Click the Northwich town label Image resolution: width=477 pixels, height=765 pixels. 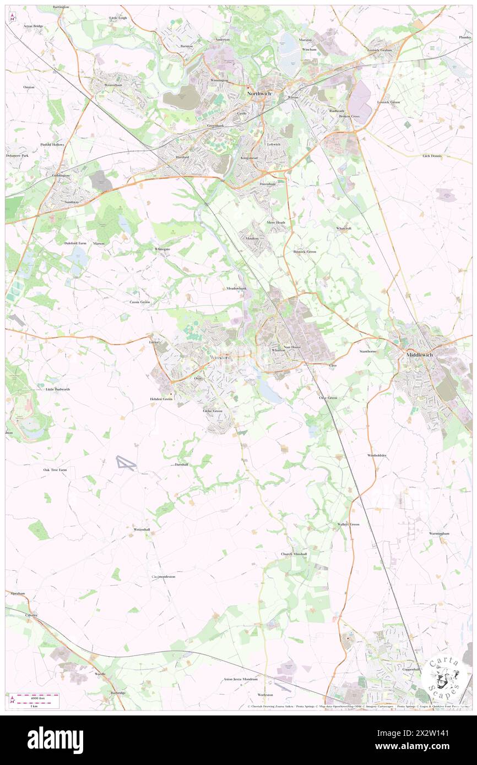point(259,94)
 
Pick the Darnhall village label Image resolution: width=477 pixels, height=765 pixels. point(182,465)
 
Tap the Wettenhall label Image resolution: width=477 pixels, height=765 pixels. point(142,529)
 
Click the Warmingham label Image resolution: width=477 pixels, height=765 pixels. point(440,533)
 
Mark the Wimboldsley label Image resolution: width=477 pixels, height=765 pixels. point(377,455)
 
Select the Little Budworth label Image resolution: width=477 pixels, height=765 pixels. point(58,389)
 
